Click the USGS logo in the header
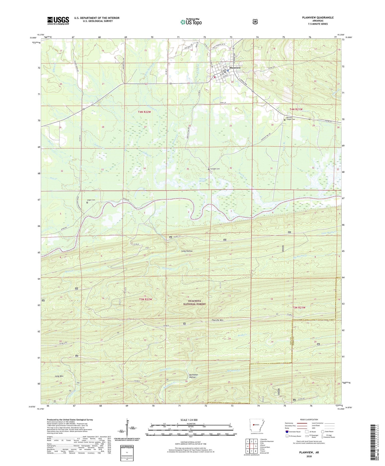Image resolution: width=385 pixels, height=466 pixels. pos(58,21)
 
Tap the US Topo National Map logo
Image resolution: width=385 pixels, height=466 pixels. pos(191,22)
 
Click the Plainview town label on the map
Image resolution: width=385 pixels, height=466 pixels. pos(235,68)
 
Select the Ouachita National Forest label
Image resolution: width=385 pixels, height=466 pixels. pos(194,302)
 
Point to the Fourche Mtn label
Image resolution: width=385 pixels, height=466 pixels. pos(217,320)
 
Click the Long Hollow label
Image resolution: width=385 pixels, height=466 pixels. pos(187,251)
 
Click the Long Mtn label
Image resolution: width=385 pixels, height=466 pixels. pos(59,376)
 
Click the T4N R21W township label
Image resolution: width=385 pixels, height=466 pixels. pos(296,109)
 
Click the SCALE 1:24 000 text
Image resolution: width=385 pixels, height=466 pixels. pos(189,420)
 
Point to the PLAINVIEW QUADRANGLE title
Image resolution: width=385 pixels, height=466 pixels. pos(318,18)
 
